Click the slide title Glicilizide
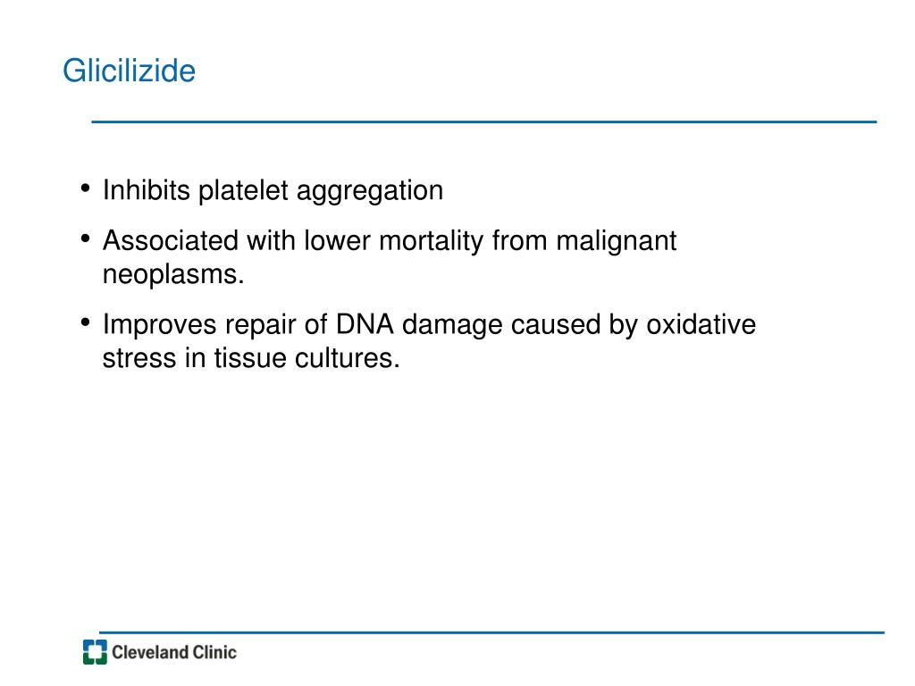pos(129,71)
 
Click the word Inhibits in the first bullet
pos(147,190)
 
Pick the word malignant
pos(616,242)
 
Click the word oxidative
pos(701,324)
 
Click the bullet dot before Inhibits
pos(85,188)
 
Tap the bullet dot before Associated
pos(85,238)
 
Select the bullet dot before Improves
pos(85,322)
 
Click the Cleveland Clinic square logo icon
pos(95,652)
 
